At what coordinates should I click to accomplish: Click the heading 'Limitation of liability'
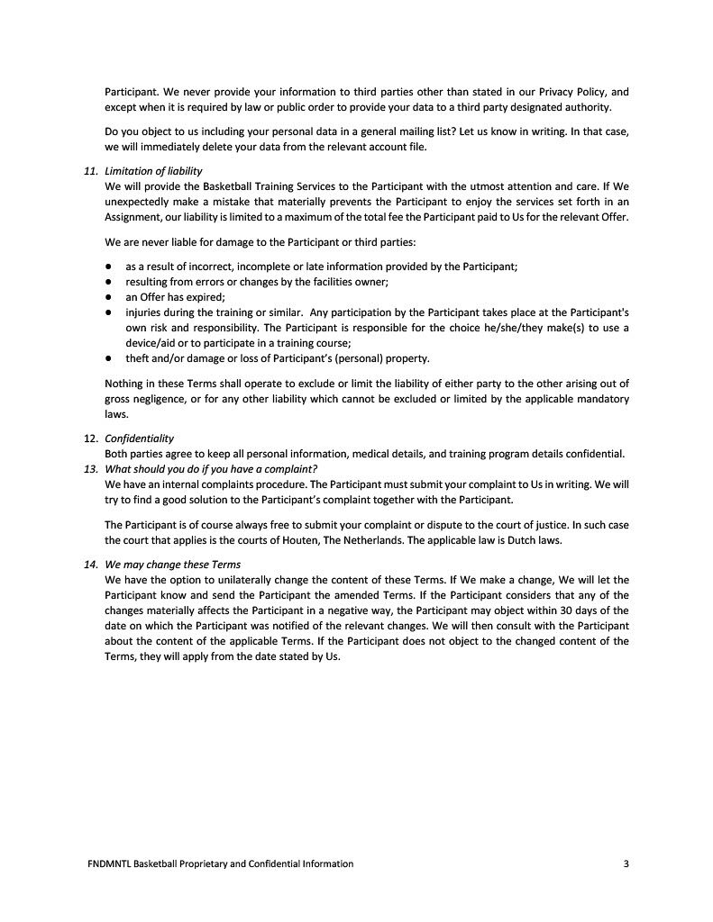click(x=153, y=171)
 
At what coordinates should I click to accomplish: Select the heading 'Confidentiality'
click(x=139, y=438)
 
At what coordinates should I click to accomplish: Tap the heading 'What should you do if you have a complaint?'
click(x=211, y=468)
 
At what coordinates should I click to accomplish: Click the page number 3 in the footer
click(x=626, y=864)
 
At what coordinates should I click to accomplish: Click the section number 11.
click(x=90, y=171)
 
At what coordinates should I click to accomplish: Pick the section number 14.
click(x=90, y=565)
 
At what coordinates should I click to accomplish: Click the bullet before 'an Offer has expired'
click(x=107, y=296)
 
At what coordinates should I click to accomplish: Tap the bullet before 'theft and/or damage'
click(x=107, y=358)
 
